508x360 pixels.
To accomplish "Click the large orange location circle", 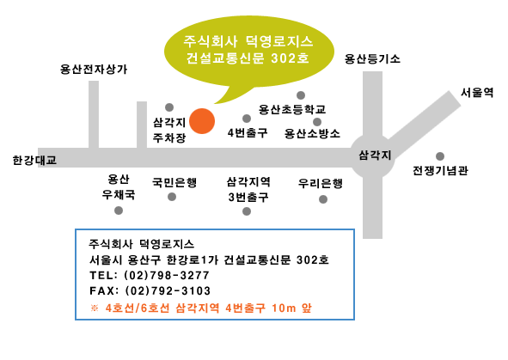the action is click(x=202, y=121).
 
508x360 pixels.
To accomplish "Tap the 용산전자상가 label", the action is click(x=94, y=70).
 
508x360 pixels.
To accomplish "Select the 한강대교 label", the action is click(x=34, y=161).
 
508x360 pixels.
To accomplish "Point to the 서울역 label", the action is click(x=477, y=93).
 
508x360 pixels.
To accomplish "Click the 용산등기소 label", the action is click(x=372, y=59).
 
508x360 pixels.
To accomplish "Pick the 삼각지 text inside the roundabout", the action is click(x=375, y=156).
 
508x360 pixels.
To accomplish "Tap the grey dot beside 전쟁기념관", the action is click(x=439, y=156).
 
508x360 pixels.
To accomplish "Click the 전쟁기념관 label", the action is click(x=440, y=170).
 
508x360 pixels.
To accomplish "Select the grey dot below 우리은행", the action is click(x=322, y=199).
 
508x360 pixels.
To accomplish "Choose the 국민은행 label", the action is click(x=174, y=182).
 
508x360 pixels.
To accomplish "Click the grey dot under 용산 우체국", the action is click(x=119, y=211).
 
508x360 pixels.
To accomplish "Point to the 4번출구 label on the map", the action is click(x=248, y=132).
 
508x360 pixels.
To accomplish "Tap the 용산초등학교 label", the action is click(x=292, y=109).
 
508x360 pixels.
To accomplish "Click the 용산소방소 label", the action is click(x=312, y=133).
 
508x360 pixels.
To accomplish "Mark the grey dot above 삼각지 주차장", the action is click(x=169, y=107).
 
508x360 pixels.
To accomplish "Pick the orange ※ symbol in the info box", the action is click(x=95, y=308).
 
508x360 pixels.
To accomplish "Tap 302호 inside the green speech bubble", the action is click(x=290, y=58).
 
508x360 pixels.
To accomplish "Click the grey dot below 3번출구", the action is click(x=247, y=211).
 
